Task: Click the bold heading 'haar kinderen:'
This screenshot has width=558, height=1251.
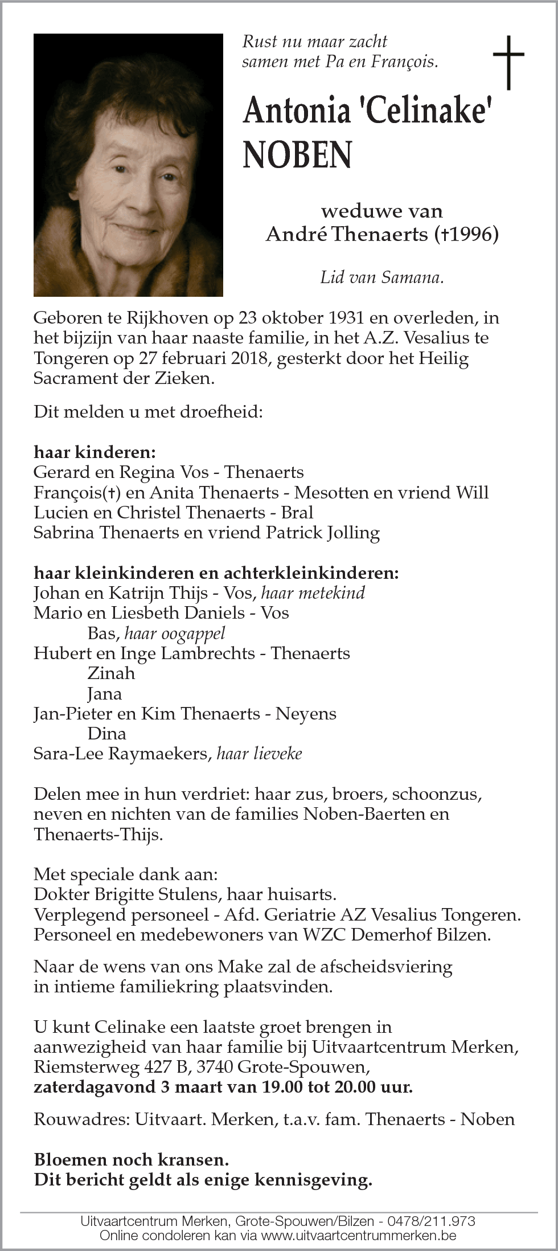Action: click(x=95, y=452)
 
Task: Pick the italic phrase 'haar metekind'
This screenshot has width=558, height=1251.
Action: click(x=313, y=593)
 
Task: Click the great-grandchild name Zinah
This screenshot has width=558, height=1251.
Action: click(x=111, y=673)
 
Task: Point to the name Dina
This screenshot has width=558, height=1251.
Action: click(x=106, y=734)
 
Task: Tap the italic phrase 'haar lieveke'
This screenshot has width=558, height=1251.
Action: click(x=259, y=754)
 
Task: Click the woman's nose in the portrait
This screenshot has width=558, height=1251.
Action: click(x=141, y=194)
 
